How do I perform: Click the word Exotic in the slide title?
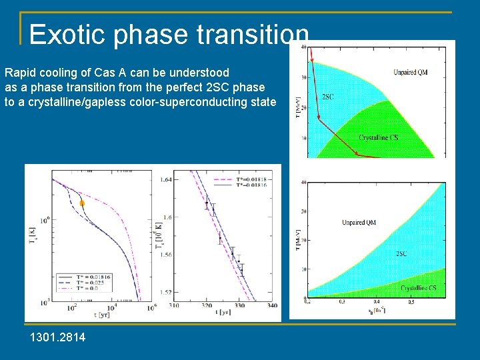coord(67,34)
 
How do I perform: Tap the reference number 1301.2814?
coord(57,338)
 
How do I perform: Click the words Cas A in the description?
coord(113,72)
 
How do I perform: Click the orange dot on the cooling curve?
coord(82,203)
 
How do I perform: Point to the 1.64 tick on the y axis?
coord(167,179)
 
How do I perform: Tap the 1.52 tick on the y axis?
coord(167,293)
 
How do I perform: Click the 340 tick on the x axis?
coord(271,306)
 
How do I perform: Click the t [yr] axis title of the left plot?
coord(101,315)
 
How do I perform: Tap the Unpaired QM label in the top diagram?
coord(410,72)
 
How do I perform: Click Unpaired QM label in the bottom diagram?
coord(359,222)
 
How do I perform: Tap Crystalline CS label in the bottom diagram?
coord(419,288)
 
